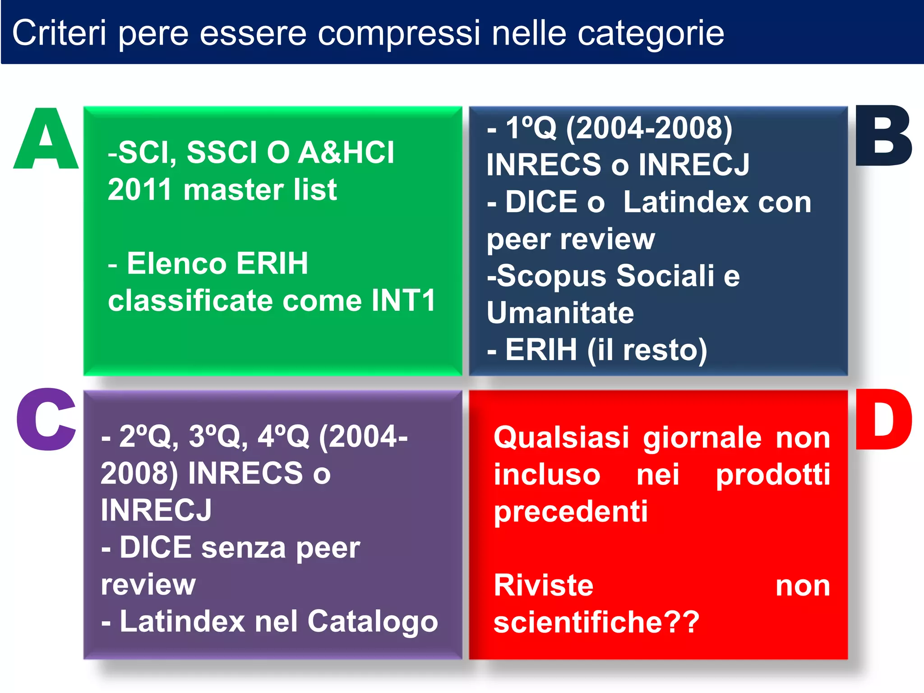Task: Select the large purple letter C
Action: point(46,420)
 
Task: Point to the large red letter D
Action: point(883,420)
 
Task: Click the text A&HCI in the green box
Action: point(346,152)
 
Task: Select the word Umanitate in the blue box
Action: point(560,313)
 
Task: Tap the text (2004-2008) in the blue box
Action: point(649,128)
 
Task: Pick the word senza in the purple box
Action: point(243,548)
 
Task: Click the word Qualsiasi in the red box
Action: point(561,438)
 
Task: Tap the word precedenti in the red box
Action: point(570,512)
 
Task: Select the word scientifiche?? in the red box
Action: point(596,623)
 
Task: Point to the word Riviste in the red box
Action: point(543,586)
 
